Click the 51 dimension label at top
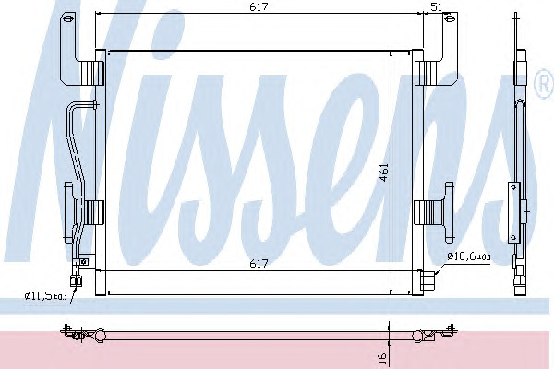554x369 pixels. pos(437,7)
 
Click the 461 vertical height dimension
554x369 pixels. pos(384,173)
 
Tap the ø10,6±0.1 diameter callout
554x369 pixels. pos(469,256)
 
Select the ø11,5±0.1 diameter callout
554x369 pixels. pos(46,296)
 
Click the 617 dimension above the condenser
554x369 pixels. pos(259,6)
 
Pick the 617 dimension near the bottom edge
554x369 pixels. pos(259,264)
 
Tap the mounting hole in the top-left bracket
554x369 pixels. pos(69,18)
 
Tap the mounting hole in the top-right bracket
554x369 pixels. pos(450,18)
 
